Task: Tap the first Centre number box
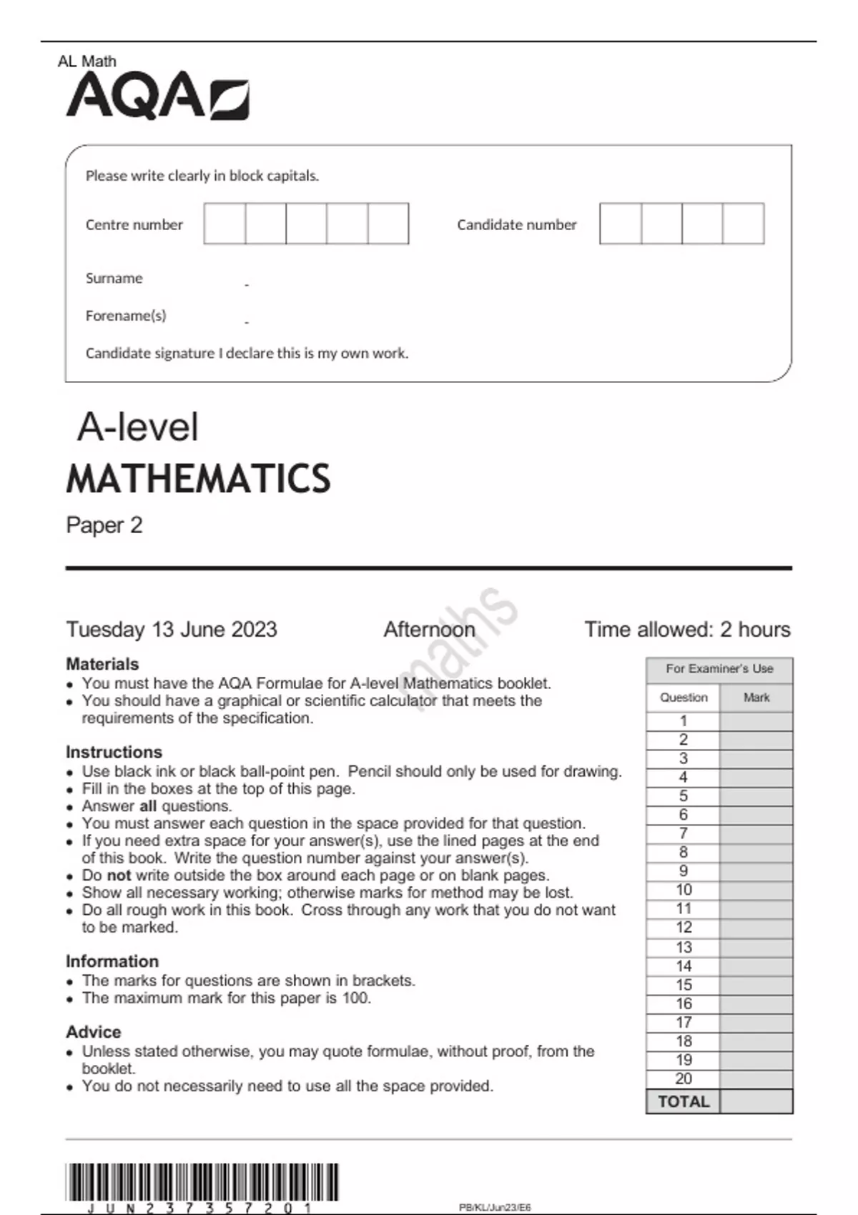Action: (225, 224)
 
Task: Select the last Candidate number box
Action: (744, 224)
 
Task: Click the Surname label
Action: (114, 278)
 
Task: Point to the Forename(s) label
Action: (126, 315)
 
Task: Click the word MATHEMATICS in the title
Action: (198, 479)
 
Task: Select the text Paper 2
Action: (104, 525)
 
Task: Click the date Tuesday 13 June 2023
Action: (172, 630)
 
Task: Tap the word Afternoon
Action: (429, 630)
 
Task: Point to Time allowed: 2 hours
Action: (687, 630)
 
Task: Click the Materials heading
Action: (102, 664)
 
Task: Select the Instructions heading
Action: (114, 752)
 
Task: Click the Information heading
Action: (112, 961)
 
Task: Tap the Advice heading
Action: (94, 1032)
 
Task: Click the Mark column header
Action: (756, 698)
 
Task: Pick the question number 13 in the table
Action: (684, 947)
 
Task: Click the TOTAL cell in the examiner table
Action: (684, 1101)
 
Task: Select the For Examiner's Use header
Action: (719, 669)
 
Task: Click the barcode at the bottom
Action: (202, 1182)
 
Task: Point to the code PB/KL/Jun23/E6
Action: (495, 1208)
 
